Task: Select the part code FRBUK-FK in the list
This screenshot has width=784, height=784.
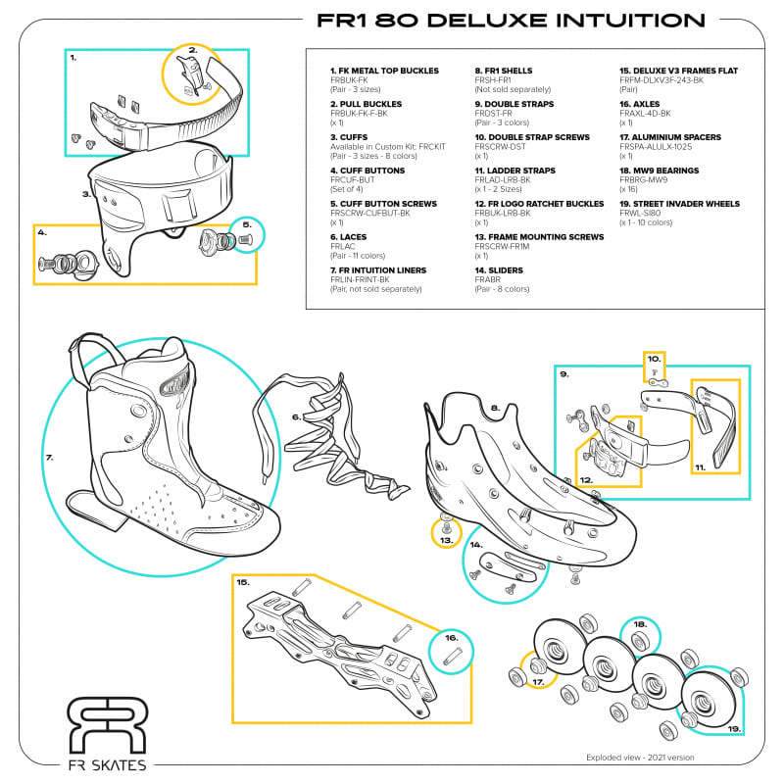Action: point(348,80)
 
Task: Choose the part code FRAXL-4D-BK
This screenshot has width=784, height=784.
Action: point(645,114)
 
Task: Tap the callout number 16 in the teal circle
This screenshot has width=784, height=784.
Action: point(451,637)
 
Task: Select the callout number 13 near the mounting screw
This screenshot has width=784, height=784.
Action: point(447,539)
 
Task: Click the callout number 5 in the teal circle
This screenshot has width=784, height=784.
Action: point(245,224)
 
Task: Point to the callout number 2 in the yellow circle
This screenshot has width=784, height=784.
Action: point(193,50)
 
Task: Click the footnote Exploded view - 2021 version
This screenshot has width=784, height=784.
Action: point(639,757)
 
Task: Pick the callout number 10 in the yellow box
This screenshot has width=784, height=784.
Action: point(654,360)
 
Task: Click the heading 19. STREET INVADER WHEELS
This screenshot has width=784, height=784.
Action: point(679,204)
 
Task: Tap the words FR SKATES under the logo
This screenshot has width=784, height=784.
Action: point(108,764)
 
